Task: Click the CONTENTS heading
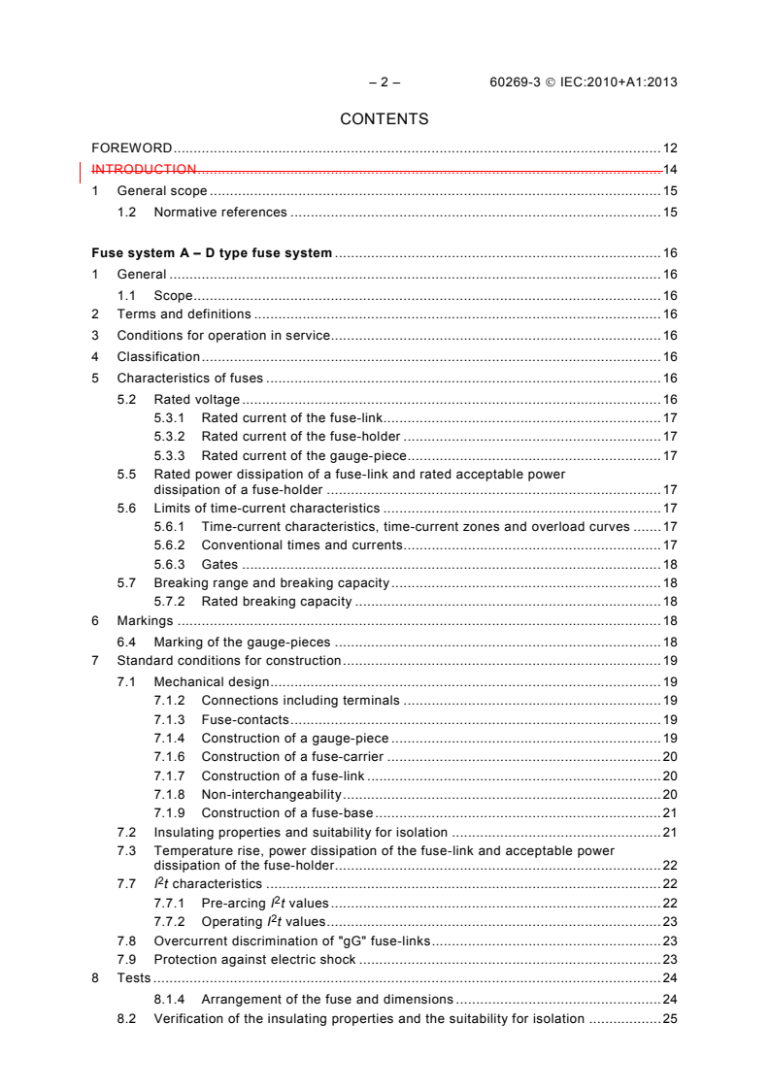[x=385, y=119]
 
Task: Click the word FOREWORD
[x=132, y=148]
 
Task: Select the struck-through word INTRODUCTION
[x=145, y=170]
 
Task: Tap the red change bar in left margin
[x=79, y=171]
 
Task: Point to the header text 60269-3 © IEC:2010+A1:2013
[x=584, y=82]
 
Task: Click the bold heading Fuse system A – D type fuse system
[x=212, y=253]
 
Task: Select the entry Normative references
[x=220, y=212]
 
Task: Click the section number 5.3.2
[x=170, y=437]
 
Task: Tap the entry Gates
[x=219, y=565]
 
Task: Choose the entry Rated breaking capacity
[x=277, y=602]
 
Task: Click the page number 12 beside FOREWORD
[x=670, y=148]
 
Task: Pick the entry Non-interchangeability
[x=272, y=794]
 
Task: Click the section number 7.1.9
[x=170, y=812]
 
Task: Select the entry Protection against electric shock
[x=255, y=960]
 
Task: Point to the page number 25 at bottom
[x=670, y=1019]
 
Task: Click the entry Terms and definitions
[x=184, y=314]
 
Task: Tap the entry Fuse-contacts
[x=245, y=720]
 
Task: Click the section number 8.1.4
[x=170, y=999]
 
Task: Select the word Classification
[x=158, y=357]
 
